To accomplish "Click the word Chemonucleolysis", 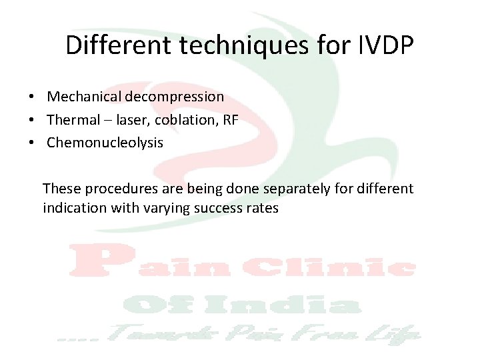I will [x=105, y=143].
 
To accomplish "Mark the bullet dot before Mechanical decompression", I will [x=32, y=97].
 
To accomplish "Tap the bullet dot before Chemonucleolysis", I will [x=32, y=143].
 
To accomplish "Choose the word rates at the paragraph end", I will [x=261, y=208].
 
